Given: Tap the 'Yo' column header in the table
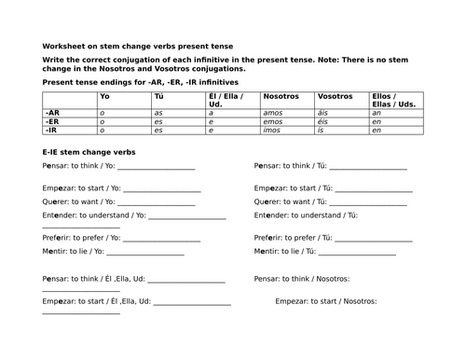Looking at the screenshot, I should click(104, 96).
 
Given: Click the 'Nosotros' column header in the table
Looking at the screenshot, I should click(281, 96).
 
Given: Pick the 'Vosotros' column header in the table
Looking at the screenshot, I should click(335, 96).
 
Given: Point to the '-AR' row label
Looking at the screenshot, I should click(53, 112).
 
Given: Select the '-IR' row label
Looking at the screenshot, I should click(52, 130).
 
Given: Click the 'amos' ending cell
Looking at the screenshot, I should click(274, 112).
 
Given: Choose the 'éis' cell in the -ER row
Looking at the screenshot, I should click(324, 121).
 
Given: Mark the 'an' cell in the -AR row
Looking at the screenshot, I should click(376, 112).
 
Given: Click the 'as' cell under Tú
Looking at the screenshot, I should click(159, 112).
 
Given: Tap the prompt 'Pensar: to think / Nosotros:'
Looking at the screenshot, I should click(302, 279).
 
